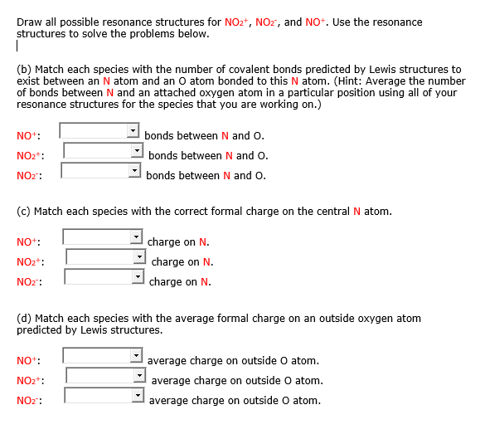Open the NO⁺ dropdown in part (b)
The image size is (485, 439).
point(99,132)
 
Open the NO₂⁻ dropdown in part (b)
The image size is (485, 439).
point(101,171)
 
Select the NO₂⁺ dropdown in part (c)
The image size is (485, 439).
point(106,258)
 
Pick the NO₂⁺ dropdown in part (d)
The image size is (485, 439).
point(106,377)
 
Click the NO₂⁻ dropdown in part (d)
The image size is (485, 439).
point(104,397)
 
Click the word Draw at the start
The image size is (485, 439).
point(30,22)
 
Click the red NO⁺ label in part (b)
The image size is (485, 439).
point(27,136)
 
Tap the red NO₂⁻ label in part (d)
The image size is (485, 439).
point(30,401)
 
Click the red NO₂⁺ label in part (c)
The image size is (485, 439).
point(30,262)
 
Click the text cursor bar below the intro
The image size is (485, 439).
point(17,46)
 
